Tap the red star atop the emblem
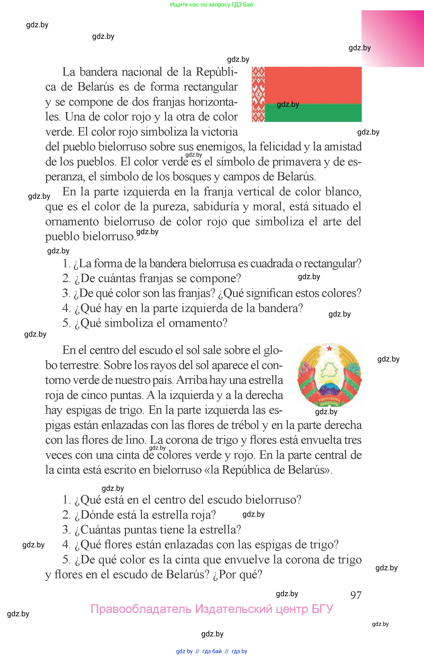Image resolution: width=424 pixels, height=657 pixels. (329, 348)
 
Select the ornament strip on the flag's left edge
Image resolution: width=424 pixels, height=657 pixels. (258, 94)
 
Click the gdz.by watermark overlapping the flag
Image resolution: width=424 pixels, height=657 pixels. (288, 104)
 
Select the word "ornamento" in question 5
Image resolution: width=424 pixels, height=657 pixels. (198, 323)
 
